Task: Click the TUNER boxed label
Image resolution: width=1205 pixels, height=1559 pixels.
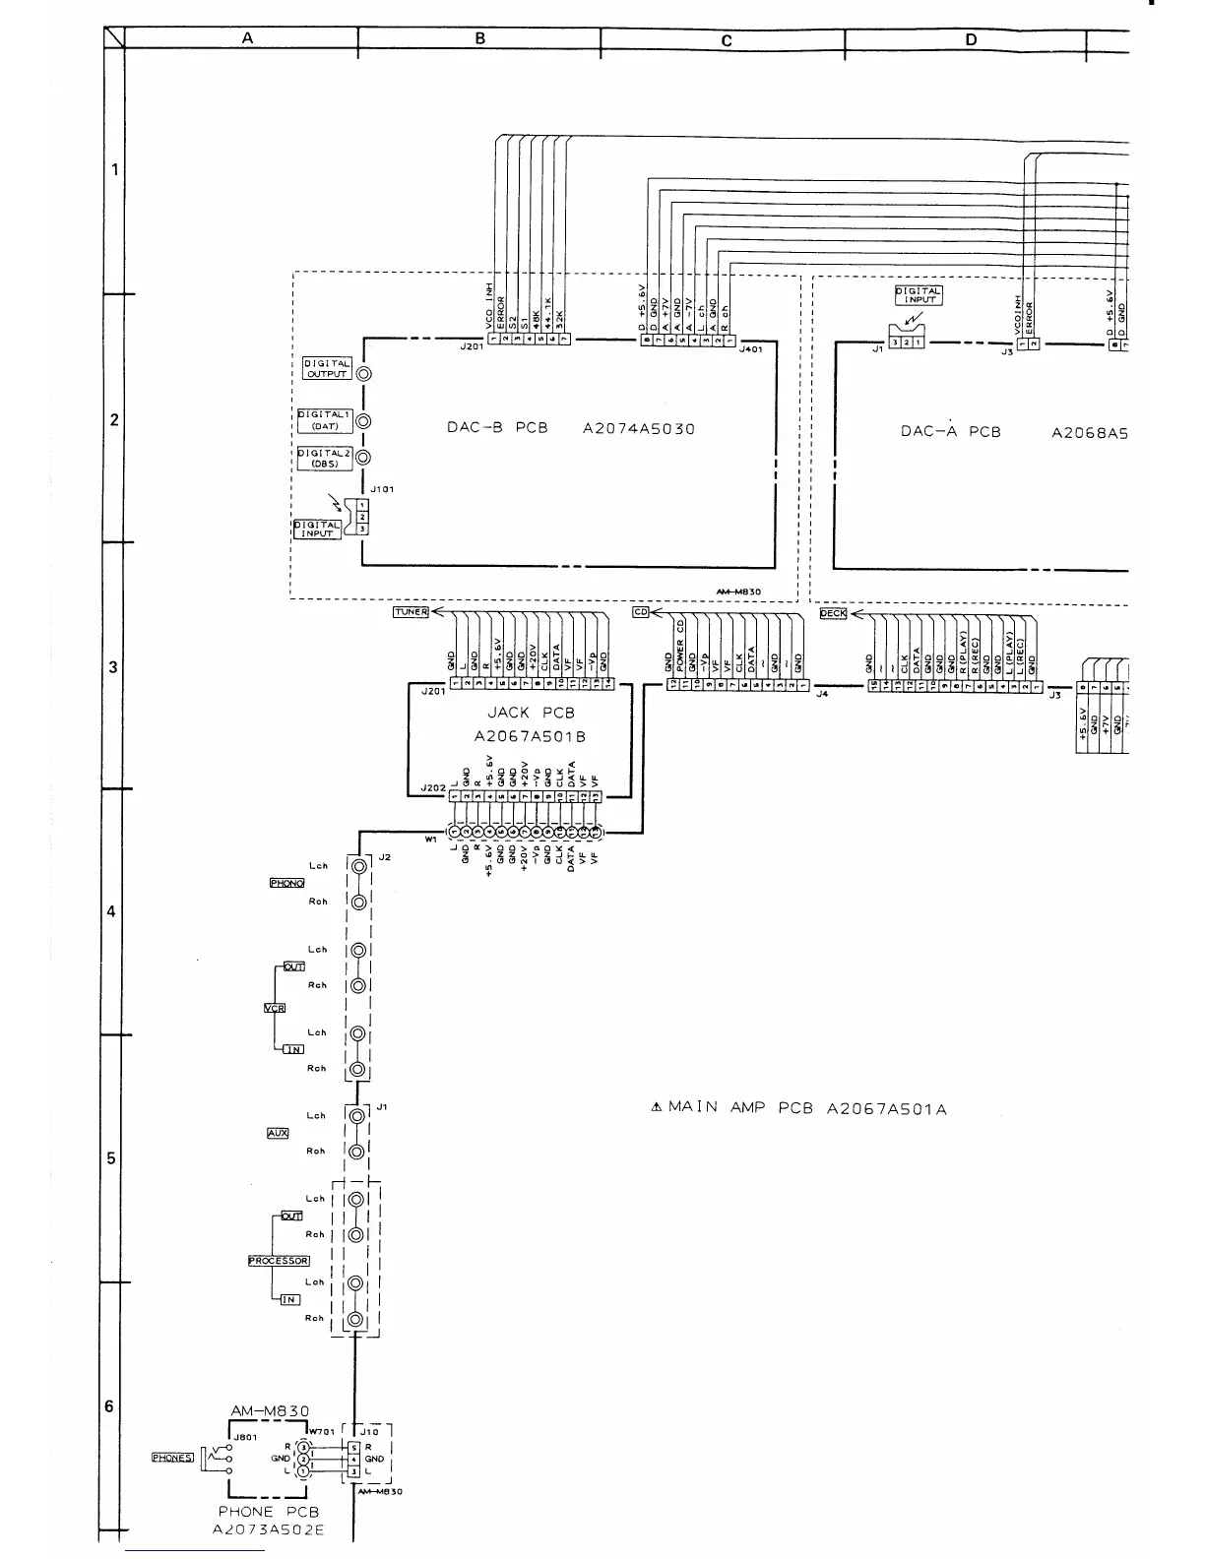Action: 411,612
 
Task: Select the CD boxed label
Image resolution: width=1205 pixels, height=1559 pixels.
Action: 641,612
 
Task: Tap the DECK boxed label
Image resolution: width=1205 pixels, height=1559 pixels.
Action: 833,614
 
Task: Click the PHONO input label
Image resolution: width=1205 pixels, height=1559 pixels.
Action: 286,883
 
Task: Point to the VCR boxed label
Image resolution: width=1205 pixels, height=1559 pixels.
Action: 274,1008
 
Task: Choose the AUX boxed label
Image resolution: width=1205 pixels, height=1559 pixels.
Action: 278,1133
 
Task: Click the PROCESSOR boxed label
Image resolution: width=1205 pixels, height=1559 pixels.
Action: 279,1261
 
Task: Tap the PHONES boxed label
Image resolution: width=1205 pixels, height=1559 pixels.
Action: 172,1458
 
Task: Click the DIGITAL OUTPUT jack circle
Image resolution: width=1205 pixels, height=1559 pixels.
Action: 364,374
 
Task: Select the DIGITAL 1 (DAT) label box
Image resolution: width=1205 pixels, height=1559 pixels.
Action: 325,420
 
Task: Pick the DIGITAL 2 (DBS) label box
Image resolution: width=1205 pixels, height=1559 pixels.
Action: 325,459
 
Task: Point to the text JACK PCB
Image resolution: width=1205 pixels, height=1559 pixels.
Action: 531,713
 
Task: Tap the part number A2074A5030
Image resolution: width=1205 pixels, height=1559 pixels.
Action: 639,429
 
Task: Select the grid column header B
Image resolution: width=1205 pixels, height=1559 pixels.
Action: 480,38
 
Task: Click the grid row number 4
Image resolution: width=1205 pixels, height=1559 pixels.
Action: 112,911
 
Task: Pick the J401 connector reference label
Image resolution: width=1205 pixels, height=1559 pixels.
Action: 750,348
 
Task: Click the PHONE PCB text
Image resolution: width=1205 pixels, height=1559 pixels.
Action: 268,1511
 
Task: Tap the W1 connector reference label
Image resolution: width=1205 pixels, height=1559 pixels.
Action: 430,840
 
